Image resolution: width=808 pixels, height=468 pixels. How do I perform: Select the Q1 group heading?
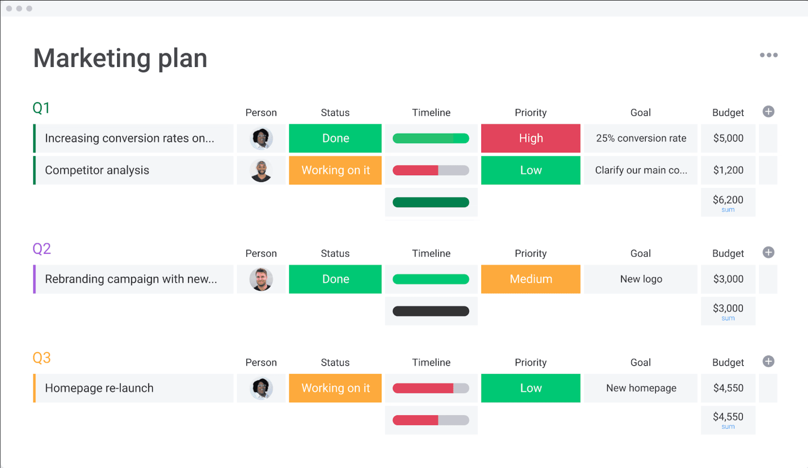point(41,108)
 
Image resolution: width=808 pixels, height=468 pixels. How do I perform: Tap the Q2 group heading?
point(42,249)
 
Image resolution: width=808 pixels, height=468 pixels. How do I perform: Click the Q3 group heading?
point(42,358)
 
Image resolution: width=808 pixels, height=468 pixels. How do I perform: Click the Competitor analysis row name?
point(97,170)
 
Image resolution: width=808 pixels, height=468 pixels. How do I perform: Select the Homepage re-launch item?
point(99,388)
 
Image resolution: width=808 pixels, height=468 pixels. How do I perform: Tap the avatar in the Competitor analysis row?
point(261,170)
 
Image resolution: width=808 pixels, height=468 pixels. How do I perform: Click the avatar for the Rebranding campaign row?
point(261,279)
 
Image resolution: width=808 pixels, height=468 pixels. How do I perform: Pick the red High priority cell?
point(531,138)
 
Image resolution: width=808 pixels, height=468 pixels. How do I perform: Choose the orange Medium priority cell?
point(531,279)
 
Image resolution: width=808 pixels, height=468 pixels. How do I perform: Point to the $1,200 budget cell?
point(728,170)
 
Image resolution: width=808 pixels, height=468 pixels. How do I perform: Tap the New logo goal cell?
point(641,279)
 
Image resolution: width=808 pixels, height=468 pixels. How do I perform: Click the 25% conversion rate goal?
point(641,138)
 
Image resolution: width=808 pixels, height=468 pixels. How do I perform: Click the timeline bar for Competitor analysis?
point(431,170)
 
